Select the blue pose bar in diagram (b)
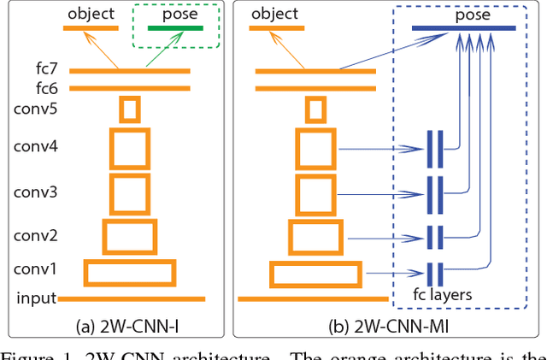click(x=463, y=28)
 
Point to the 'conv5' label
click(x=34, y=109)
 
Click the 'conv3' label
click(x=34, y=192)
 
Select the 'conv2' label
click(x=34, y=234)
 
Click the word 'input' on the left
click(x=36, y=298)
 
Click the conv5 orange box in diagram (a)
click(x=130, y=109)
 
